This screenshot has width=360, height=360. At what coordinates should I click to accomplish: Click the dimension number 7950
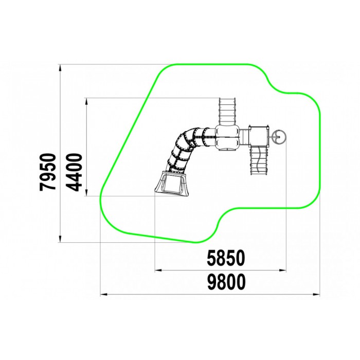(x=48, y=172)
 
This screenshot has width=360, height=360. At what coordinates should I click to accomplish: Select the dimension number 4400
(x=75, y=172)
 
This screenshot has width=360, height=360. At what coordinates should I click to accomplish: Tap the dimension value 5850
(x=226, y=258)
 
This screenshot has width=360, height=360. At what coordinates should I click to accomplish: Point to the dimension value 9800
(x=226, y=282)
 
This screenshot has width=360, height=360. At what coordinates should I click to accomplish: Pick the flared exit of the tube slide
(x=172, y=182)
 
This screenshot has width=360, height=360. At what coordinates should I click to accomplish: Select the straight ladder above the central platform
(x=227, y=112)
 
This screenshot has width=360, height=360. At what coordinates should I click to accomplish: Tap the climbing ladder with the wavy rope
(x=259, y=160)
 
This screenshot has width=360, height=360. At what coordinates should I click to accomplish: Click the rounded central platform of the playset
(x=227, y=137)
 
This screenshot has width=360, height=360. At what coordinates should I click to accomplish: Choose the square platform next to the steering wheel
(x=259, y=136)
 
